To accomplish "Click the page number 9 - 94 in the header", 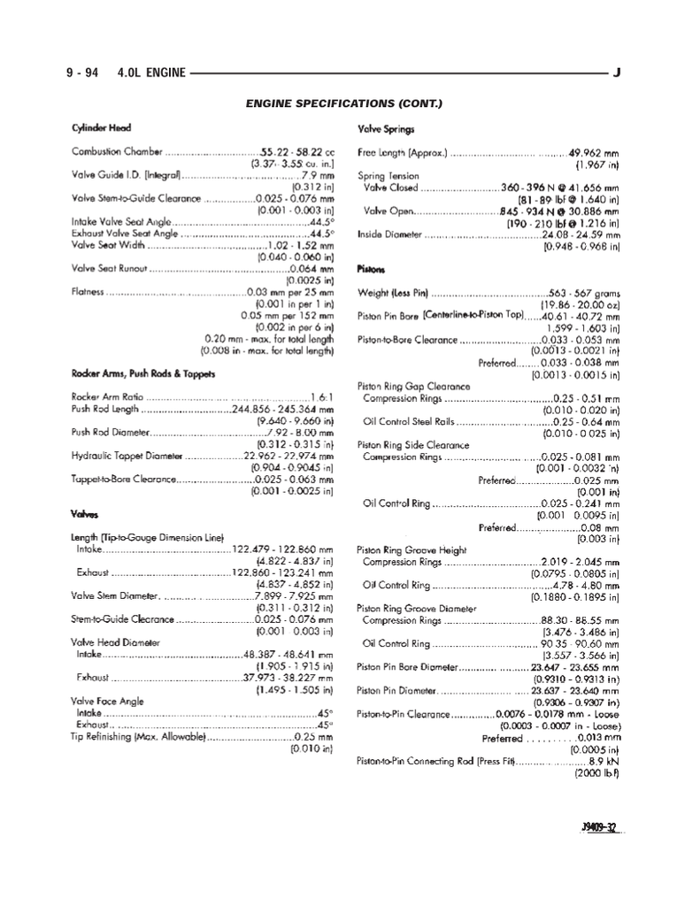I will click(x=81, y=73).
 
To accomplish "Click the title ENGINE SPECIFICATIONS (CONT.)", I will click(x=343, y=104).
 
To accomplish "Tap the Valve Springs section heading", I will click(x=381, y=129).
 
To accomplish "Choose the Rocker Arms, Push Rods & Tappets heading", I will click(x=142, y=373).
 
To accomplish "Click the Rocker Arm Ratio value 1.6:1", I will click(x=320, y=397).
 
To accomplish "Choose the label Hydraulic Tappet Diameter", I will click(x=127, y=456).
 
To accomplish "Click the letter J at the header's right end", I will click(x=616, y=73).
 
